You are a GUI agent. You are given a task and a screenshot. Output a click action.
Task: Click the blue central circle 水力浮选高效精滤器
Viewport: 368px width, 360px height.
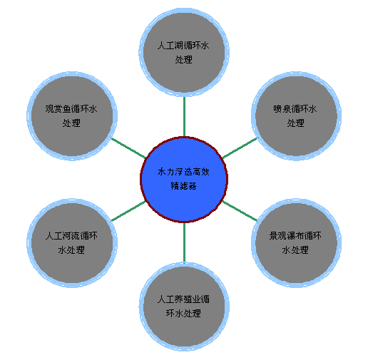184,180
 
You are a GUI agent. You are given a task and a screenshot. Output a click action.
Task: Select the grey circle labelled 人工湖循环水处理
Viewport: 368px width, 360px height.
184,52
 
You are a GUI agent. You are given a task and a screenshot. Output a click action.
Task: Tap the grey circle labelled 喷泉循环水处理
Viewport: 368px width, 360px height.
296,116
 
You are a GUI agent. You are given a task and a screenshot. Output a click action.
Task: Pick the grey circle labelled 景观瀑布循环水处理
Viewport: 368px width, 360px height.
296,243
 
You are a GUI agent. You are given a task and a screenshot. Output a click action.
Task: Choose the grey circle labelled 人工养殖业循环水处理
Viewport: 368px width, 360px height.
184,307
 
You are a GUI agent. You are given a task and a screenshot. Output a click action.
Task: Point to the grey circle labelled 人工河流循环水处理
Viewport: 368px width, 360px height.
72,243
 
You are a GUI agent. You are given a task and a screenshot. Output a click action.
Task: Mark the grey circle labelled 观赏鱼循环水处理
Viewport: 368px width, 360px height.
72,116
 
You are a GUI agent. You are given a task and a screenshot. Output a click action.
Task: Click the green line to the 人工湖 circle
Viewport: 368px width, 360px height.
184,116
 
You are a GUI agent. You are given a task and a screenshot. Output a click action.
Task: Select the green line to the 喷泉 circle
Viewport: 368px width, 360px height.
240,148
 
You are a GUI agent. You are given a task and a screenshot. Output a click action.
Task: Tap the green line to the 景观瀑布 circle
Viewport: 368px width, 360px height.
240,211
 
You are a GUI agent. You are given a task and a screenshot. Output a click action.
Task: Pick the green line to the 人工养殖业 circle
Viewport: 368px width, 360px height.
184,242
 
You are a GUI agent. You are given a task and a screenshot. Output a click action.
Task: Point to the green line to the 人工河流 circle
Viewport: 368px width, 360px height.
128,211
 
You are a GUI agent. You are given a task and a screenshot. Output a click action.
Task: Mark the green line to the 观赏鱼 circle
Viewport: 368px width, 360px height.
128,148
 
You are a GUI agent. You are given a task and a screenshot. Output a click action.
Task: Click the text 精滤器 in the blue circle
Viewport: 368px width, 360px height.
184,186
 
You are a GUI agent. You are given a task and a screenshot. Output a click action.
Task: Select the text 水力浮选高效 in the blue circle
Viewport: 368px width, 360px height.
183,172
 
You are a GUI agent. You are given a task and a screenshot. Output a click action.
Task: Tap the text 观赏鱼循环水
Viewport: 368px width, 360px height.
71,109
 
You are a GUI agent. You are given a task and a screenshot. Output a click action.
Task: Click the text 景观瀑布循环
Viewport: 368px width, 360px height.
295,236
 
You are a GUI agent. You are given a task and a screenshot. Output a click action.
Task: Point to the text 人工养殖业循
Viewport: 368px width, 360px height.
183,299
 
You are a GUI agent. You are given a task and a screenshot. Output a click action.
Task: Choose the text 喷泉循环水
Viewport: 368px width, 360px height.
295,109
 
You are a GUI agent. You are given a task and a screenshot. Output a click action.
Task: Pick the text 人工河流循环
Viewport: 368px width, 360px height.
71,236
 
